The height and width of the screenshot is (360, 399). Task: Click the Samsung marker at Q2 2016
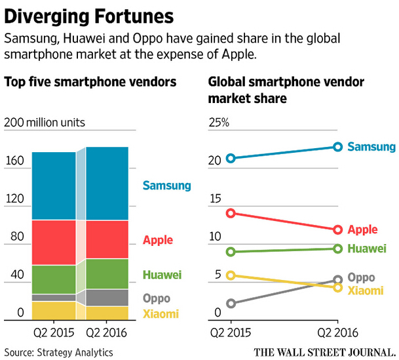click(338, 146)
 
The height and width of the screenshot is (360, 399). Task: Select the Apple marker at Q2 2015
click(231, 213)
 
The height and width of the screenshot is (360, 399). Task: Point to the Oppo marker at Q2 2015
click(231, 304)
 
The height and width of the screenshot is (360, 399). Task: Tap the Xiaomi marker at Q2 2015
click(231, 275)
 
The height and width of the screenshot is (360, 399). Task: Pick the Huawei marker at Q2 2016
click(338, 249)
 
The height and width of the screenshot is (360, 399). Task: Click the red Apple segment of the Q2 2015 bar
click(54, 242)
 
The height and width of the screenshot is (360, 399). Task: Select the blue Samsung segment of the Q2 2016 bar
click(107, 183)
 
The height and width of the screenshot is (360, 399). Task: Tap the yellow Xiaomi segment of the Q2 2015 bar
click(54, 311)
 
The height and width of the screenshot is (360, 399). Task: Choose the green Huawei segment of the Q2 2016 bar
click(107, 273)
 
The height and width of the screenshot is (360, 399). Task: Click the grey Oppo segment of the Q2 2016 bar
click(107, 297)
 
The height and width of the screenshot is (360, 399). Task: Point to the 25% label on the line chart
click(219, 123)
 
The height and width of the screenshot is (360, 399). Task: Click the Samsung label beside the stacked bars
click(166, 186)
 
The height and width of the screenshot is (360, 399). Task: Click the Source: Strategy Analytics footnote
click(59, 351)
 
